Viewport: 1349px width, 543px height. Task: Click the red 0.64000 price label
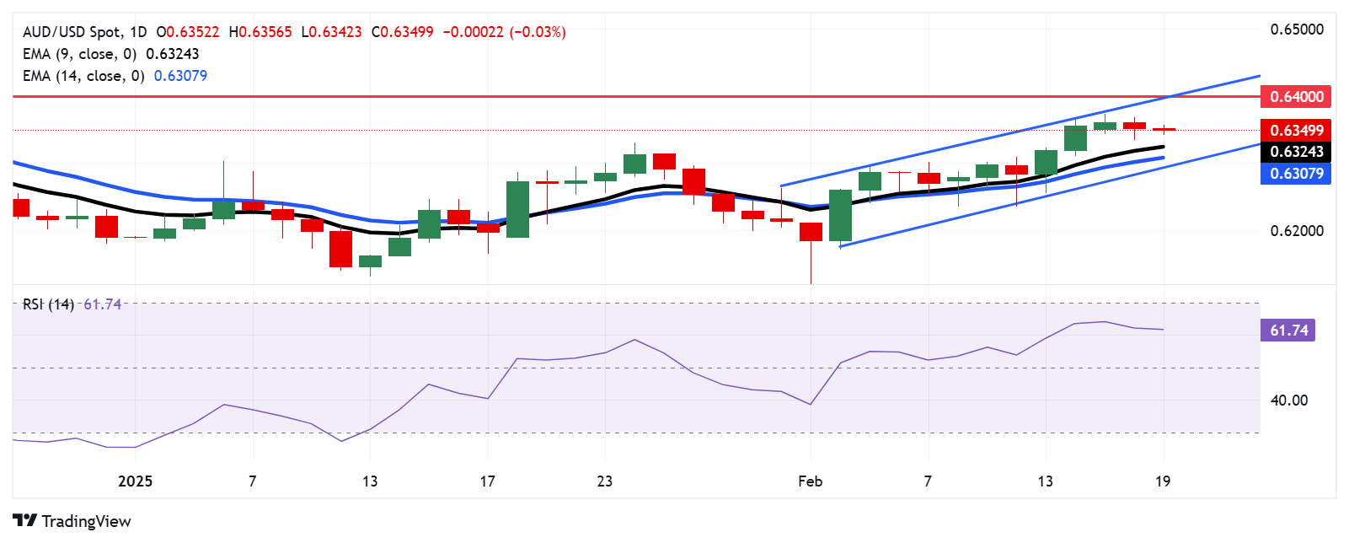tap(1296, 96)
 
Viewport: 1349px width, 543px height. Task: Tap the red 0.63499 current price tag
tap(1296, 130)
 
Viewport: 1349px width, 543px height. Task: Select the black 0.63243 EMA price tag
tap(1296, 152)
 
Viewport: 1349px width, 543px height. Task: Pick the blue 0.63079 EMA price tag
tap(1296, 174)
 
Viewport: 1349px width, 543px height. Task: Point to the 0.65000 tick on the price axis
tap(1296, 30)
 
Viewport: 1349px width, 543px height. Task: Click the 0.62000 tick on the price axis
tap(1296, 230)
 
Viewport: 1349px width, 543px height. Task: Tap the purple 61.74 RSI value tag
tap(1288, 331)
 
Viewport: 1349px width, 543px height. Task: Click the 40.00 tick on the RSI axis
tap(1289, 401)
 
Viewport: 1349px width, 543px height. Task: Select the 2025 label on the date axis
tap(135, 481)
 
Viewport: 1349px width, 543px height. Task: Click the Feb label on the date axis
tap(810, 481)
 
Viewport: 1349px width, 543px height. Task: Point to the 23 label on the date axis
tap(604, 481)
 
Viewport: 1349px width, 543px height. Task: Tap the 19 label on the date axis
tap(1163, 481)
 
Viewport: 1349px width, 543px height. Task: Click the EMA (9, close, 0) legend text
tap(79, 54)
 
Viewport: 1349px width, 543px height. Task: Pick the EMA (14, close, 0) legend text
tap(83, 76)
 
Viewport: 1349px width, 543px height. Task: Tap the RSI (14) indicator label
tap(48, 304)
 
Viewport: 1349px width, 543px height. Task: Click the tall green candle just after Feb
tap(840, 215)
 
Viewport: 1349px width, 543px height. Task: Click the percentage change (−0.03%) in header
tap(538, 32)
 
